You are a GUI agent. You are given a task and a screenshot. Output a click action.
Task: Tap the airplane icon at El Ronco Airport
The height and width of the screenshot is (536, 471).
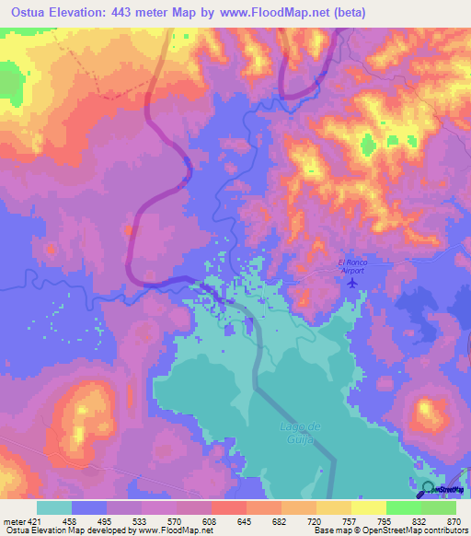(351, 282)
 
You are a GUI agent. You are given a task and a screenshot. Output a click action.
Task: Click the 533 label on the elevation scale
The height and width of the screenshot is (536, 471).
(142, 520)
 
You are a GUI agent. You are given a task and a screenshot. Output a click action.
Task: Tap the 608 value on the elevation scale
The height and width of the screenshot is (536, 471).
(211, 520)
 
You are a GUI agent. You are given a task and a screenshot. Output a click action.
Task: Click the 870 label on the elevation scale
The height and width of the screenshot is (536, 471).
(452, 520)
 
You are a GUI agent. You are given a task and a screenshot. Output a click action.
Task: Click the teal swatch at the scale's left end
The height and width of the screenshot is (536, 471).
(54, 507)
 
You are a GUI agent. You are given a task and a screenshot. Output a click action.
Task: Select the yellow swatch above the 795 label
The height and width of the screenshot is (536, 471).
(368, 507)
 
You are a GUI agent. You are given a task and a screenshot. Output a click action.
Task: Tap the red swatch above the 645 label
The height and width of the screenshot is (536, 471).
(228, 507)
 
